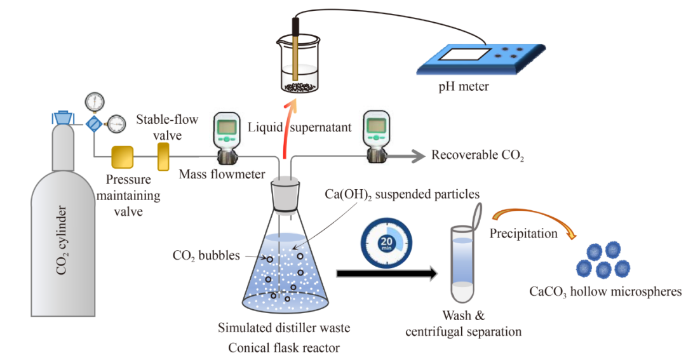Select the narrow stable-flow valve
pos(164,156)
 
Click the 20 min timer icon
pos(386,244)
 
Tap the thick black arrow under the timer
pos(386,274)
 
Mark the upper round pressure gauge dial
pos(94,101)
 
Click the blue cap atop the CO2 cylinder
pos(62,117)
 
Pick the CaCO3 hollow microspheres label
pos(605,291)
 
